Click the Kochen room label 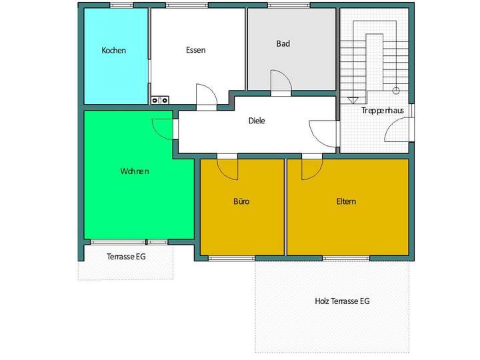[113, 51]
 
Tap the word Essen [195, 50]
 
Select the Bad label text [283, 44]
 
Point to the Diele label [257, 121]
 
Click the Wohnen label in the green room [135, 171]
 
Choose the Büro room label [241, 201]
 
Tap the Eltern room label [346, 201]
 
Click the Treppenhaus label [380, 110]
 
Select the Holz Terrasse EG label [342, 301]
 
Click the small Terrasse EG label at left [126, 256]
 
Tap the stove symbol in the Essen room [160, 101]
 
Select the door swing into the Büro [228, 169]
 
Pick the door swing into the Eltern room [311, 169]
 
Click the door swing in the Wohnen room [164, 127]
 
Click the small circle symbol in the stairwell [395, 90]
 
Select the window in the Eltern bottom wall [346, 258]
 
